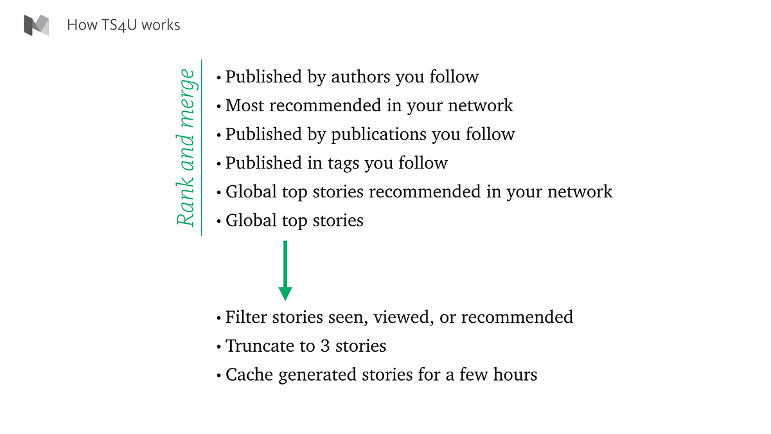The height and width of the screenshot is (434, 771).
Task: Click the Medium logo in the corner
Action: pos(36,25)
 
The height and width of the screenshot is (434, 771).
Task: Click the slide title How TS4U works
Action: pos(123,26)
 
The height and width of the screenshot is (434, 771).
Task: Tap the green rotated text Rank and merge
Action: pos(186,147)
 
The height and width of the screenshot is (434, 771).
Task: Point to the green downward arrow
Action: pos(285,270)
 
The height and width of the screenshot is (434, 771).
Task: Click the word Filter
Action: pos(245,317)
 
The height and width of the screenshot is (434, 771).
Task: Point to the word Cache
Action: pos(246,375)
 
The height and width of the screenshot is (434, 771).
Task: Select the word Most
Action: pos(243,105)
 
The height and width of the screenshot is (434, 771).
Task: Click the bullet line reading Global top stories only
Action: pos(294,221)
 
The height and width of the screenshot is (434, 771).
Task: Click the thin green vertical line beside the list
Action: pos(202,147)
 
